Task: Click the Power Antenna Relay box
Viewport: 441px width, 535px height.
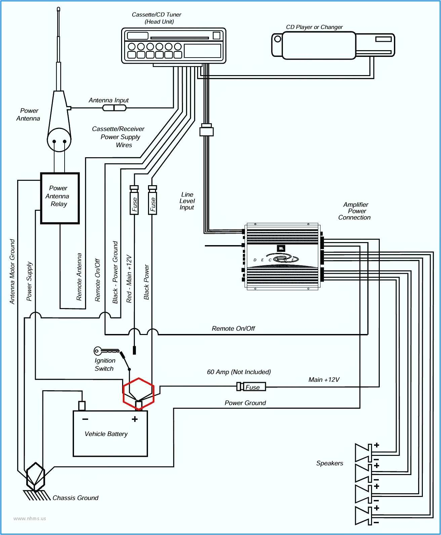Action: (60, 198)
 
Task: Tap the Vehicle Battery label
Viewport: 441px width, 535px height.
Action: (106, 434)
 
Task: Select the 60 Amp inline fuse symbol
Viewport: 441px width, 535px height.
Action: (251, 387)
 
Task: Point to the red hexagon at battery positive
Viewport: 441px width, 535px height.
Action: (139, 393)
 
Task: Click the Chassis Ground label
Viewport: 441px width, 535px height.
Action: (75, 498)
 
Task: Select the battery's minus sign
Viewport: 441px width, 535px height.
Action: (85, 419)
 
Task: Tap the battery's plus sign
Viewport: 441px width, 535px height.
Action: (135, 419)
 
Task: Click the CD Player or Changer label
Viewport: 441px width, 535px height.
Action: (314, 27)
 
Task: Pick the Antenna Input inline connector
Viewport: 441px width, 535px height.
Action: (114, 108)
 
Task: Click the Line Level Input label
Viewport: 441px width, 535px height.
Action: (187, 201)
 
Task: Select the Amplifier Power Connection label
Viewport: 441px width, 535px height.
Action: (355, 211)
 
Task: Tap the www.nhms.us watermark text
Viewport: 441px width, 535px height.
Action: (30, 519)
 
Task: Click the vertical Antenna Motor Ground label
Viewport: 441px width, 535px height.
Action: (12, 272)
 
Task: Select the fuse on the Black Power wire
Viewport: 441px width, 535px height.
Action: (153, 201)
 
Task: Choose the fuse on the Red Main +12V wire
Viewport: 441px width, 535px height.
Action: (135, 201)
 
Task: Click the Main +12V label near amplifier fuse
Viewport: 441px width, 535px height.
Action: (324, 380)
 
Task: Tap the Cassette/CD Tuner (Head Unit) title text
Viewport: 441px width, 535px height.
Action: (156, 18)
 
